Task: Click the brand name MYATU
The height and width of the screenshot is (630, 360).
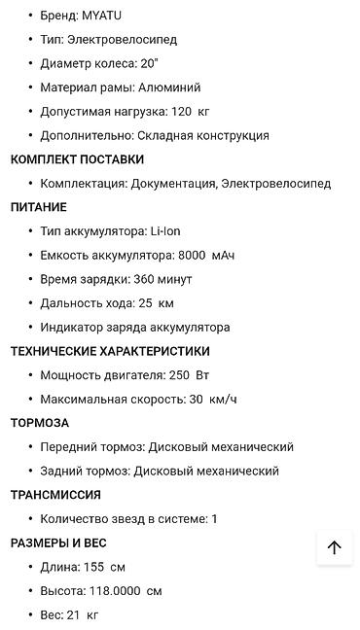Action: pos(102,17)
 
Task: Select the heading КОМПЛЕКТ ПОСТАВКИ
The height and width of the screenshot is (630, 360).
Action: pos(77,159)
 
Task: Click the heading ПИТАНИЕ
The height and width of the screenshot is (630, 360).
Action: pos(38,207)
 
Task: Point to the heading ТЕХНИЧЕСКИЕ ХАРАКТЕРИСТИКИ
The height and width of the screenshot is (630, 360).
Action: pos(110,351)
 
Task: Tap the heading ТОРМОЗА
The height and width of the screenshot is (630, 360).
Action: pos(40,423)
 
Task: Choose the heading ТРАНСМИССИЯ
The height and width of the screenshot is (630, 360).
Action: pos(55,495)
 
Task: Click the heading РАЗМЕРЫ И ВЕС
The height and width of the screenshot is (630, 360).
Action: pos(58,542)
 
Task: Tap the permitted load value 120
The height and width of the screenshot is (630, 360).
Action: pos(181,112)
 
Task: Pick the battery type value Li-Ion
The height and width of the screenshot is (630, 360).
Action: pos(165,231)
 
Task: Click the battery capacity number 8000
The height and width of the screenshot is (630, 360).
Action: pos(193,256)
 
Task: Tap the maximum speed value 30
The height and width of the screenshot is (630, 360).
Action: pos(197,400)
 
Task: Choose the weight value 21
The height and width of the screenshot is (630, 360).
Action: pos(74,615)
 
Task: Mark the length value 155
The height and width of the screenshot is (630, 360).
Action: pos(93,567)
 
